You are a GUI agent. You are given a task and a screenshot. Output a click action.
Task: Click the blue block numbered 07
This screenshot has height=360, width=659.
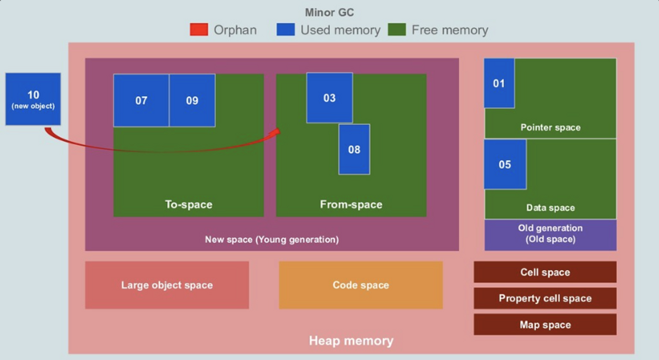(x=141, y=100)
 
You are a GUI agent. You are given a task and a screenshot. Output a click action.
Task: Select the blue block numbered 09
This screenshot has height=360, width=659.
(x=192, y=100)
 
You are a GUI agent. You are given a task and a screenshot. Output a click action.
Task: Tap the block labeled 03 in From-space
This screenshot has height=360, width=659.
(x=329, y=98)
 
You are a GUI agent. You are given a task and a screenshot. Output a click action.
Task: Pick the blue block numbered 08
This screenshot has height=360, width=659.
(x=354, y=150)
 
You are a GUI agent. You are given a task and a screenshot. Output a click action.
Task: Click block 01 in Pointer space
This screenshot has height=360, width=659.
(x=499, y=83)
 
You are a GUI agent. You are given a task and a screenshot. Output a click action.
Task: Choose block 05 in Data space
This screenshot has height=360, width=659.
(x=505, y=164)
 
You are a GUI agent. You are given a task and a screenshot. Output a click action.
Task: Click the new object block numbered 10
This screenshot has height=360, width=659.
(x=33, y=99)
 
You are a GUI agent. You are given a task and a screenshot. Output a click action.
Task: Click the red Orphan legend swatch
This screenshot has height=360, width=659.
(x=199, y=30)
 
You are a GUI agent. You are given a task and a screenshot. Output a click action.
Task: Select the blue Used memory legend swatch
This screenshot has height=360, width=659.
(x=285, y=30)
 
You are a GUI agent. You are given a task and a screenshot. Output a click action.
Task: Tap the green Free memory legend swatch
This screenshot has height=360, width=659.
(x=397, y=30)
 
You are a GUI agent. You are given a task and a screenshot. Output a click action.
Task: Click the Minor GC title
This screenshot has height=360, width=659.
(x=329, y=13)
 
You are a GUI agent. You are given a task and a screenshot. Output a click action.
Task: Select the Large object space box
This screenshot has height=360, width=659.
(x=167, y=285)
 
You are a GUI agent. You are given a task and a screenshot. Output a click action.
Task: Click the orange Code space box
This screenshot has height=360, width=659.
(x=360, y=285)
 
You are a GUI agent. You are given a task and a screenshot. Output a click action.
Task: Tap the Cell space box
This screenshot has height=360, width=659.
(x=545, y=272)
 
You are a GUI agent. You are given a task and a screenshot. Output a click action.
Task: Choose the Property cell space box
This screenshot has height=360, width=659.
(x=545, y=298)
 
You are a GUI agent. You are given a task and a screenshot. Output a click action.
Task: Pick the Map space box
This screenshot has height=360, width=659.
(x=545, y=324)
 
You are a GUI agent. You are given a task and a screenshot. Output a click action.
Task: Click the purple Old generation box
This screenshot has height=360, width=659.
(x=550, y=234)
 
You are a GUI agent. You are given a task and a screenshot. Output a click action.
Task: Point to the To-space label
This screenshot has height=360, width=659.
(x=188, y=205)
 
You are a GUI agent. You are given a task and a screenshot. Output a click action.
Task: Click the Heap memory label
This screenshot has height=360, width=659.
(x=351, y=341)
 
